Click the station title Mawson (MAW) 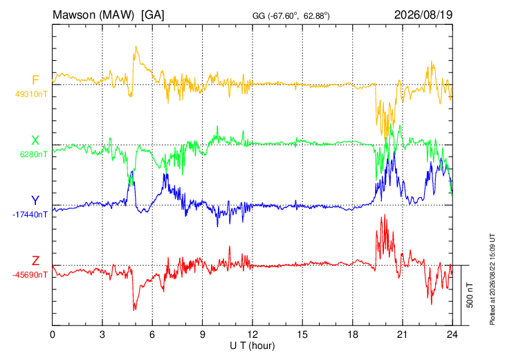pos(93,15)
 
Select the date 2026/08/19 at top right pos(423,15)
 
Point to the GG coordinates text pos(291,16)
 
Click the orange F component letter pos(35,80)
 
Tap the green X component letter pos(35,141)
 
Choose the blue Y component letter pos(35,201)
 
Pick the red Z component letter pos(35,260)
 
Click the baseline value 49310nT pos(31,94)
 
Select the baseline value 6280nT pos(33,154)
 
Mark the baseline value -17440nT pos(30,215)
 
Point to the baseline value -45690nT pos(30,275)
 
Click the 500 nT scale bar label pos(470,295)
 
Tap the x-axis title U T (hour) pos(252,346)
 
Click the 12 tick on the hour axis pos(252,334)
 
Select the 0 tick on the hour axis pos(53,334)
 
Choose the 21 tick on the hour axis pos(402,334)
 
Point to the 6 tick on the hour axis pos(152,334)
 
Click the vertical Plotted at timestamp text pos(492,279)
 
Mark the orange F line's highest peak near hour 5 pos(136,46)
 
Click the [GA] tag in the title pos(152,15)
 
